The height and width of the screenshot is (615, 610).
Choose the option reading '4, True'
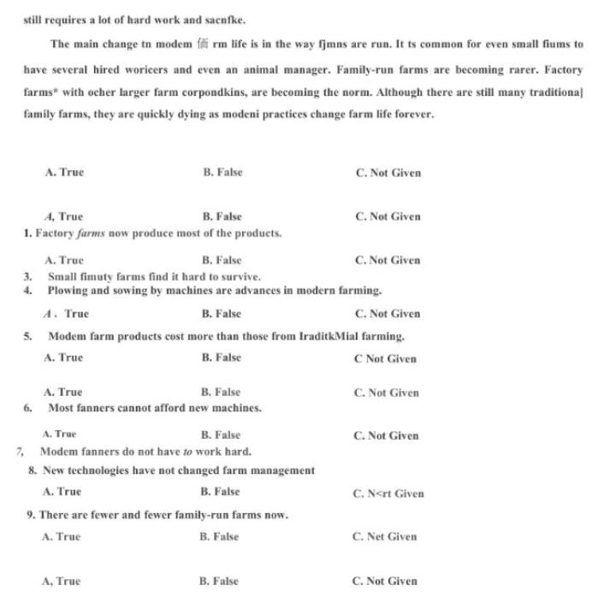pos(63,216)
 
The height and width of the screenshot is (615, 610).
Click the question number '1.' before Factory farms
pos(28,234)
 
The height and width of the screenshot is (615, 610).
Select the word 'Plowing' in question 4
pos(67,291)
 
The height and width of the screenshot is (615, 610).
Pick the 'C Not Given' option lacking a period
pos(385,358)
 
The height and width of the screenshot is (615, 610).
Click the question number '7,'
pos(21,451)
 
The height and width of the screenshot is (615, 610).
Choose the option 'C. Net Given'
pos(384,537)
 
